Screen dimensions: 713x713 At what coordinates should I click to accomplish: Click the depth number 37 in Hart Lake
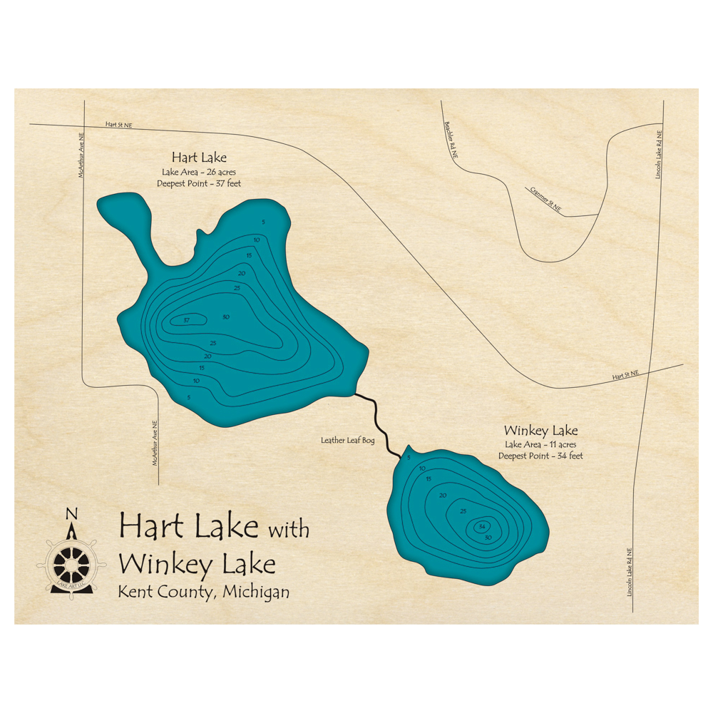pyautogui.click(x=186, y=319)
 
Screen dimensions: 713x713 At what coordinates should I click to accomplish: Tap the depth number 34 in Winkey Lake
pyautogui.click(x=483, y=526)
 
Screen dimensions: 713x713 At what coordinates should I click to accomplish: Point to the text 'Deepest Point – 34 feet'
pyautogui.click(x=540, y=456)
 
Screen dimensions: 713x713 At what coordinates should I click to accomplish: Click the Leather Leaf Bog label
pyautogui.click(x=348, y=441)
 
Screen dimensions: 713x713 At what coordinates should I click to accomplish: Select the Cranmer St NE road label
pyautogui.click(x=545, y=200)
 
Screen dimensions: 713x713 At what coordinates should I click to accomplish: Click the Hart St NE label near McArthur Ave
pyautogui.click(x=119, y=125)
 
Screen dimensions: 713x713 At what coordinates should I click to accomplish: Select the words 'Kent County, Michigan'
pyautogui.click(x=204, y=592)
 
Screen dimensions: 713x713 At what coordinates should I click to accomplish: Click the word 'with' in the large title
pyautogui.click(x=288, y=530)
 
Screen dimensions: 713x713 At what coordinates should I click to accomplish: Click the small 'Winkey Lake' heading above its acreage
pyautogui.click(x=540, y=431)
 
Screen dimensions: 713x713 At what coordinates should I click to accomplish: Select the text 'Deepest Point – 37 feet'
pyautogui.click(x=199, y=184)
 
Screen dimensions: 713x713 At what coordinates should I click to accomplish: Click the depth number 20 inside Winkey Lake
pyautogui.click(x=443, y=495)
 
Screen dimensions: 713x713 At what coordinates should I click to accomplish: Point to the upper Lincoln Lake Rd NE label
pyautogui.click(x=660, y=153)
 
